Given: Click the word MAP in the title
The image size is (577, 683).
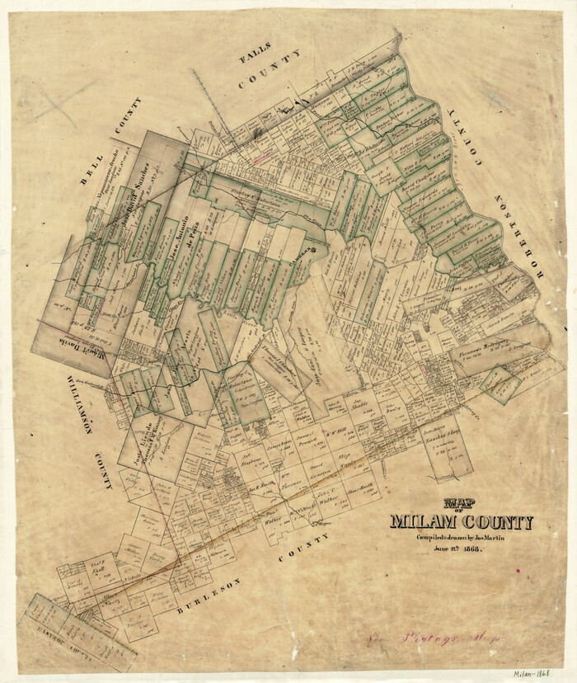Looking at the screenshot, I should pos(460,504).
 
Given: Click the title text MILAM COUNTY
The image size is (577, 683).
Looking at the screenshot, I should pos(461,522).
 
